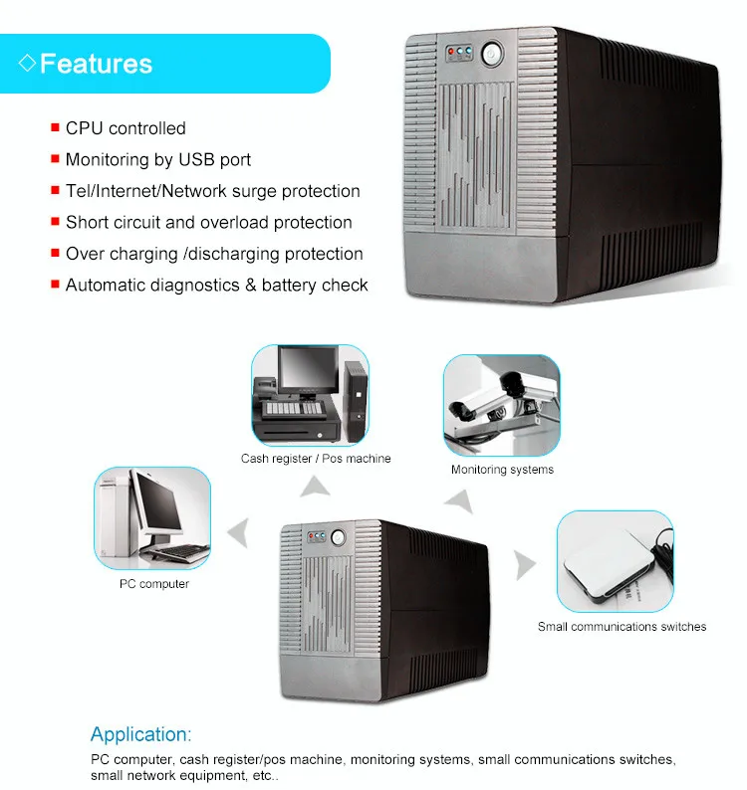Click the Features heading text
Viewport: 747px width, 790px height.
pyautogui.click(x=96, y=65)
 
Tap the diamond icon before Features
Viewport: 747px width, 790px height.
pyautogui.click(x=27, y=65)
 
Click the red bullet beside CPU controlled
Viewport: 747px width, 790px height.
pyautogui.click(x=55, y=128)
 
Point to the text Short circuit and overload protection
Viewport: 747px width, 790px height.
pyautogui.click(x=209, y=222)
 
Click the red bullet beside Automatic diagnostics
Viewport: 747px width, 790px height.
pyautogui.click(x=55, y=286)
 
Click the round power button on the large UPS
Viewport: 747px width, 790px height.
pyautogui.click(x=489, y=53)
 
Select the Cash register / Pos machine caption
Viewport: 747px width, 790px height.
pyautogui.click(x=316, y=459)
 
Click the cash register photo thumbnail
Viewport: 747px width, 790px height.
pyautogui.click(x=310, y=396)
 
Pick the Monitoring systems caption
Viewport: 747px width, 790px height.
pyautogui.click(x=502, y=470)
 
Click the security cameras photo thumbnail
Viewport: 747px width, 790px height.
pyautogui.click(x=501, y=405)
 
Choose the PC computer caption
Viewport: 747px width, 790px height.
pyautogui.click(x=154, y=584)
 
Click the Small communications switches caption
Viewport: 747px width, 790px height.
pyautogui.click(x=622, y=627)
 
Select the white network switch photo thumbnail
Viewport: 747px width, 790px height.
pyautogui.click(x=615, y=561)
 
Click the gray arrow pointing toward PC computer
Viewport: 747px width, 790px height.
pyautogui.click(x=237, y=533)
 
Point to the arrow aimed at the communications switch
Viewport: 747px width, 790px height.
pyautogui.click(x=524, y=563)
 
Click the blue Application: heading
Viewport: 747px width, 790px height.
pyautogui.click(x=140, y=735)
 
